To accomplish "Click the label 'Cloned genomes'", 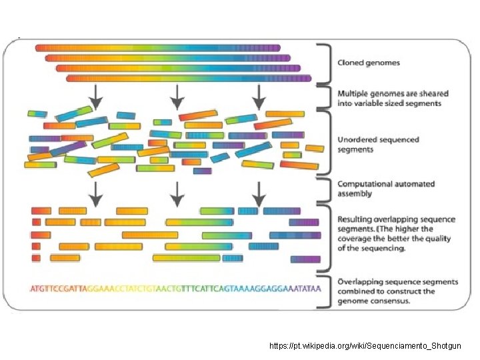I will [369, 63].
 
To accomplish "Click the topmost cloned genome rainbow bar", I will [157, 48].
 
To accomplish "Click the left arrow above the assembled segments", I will [96, 193].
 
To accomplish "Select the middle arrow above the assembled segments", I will [177, 193].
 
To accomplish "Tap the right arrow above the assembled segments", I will [259, 193].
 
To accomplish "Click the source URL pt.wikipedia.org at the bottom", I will [365, 347].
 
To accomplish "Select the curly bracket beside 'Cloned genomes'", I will [325, 63].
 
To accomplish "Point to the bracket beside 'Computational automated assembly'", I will [325, 189].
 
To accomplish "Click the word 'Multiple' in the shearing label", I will [353, 94].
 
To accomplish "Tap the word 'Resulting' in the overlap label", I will [356, 219].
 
